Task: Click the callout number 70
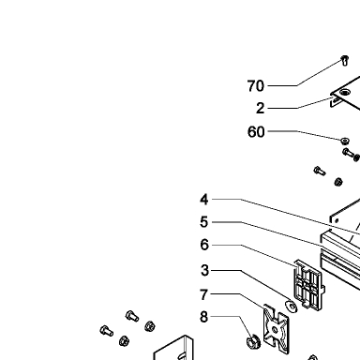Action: pyautogui.click(x=256, y=86)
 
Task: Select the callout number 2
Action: pyautogui.click(x=261, y=109)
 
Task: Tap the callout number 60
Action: pyautogui.click(x=256, y=132)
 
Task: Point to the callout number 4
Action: pyautogui.click(x=204, y=200)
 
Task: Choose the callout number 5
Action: pyautogui.click(x=204, y=222)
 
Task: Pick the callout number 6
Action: pyautogui.click(x=204, y=245)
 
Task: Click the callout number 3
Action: pyautogui.click(x=204, y=270)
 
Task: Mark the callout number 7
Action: pyautogui.click(x=203, y=294)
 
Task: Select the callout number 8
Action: pyautogui.click(x=203, y=317)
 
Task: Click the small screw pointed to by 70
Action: pyautogui.click(x=345, y=61)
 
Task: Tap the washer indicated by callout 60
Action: pyautogui.click(x=345, y=141)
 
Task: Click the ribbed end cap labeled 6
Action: pyautogui.click(x=309, y=284)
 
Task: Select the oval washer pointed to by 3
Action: pyautogui.click(x=291, y=307)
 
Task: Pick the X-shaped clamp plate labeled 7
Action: pyautogui.click(x=276, y=329)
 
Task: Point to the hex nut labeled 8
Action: pyautogui.click(x=253, y=342)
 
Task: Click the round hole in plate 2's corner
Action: pyautogui.click(x=345, y=92)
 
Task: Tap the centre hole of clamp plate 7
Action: pyautogui.click(x=275, y=330)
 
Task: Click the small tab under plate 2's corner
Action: pyautogui.click(x=335, y=102)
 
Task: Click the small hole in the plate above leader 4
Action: pyautogui.click(x=337, y=221)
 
